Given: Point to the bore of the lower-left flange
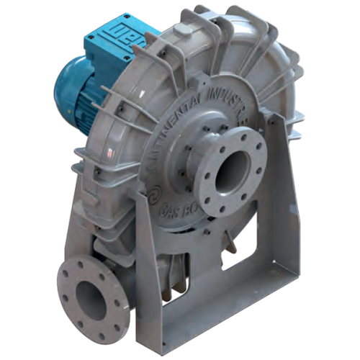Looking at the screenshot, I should click(91, 297).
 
